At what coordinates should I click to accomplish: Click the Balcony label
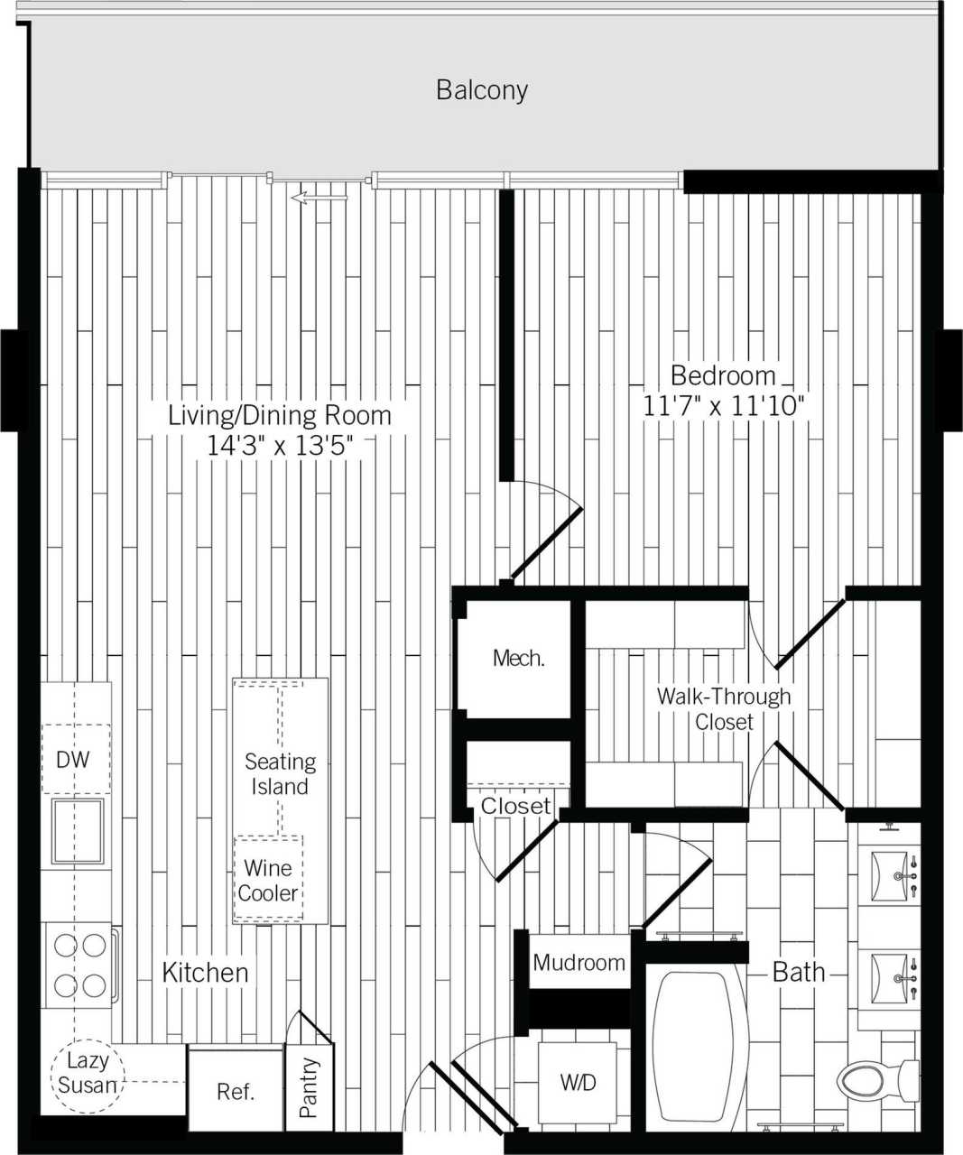481,90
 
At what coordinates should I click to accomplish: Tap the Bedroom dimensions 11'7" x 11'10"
723,406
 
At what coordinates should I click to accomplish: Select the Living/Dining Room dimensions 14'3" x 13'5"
280,445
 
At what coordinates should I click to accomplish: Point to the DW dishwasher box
74,760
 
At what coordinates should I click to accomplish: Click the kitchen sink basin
78,830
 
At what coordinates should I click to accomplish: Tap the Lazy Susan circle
88,1073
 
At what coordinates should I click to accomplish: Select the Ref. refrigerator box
236,1090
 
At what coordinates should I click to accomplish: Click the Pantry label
309,1088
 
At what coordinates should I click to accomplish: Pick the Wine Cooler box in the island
268,880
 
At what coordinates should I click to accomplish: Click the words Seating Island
280,774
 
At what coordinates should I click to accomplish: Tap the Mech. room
518,658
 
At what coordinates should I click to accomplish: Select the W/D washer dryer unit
578,1082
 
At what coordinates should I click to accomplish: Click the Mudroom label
579,962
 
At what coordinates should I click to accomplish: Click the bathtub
693,1047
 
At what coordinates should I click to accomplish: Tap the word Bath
799,972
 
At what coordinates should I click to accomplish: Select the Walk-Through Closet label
723,708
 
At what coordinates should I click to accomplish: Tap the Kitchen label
205,972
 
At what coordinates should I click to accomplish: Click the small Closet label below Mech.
515,806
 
